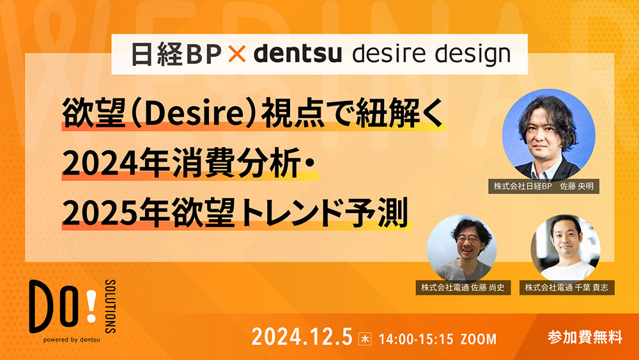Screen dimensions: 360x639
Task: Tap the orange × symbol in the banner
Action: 236,55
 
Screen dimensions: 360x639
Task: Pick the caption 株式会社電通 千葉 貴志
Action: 567,287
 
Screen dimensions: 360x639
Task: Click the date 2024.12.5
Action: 302,337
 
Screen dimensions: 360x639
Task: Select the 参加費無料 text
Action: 584,337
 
